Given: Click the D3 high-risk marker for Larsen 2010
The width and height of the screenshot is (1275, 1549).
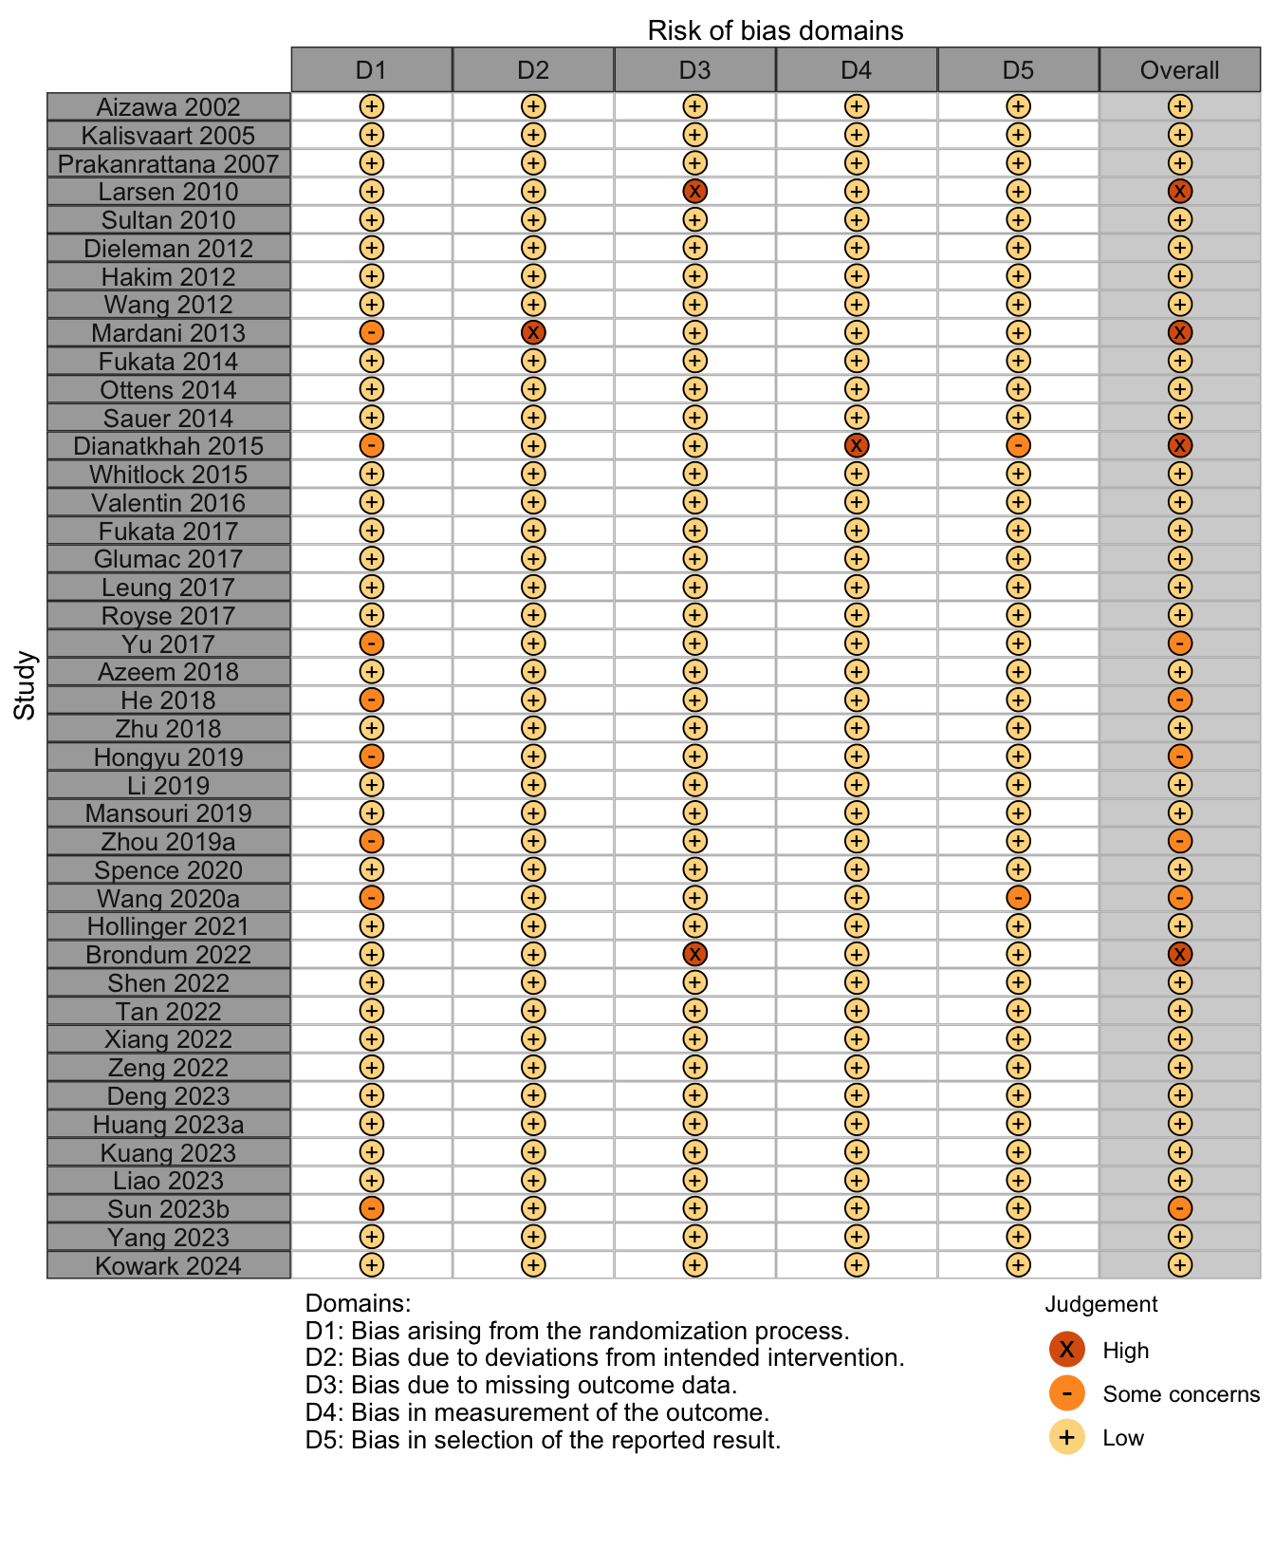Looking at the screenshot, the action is pyautogui.click(x=694, y=192).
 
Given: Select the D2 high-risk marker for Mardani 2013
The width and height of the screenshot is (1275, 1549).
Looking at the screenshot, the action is pyautogui.click(x=533, y=333).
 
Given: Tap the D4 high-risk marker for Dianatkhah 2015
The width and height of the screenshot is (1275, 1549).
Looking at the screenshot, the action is pyautogui.click(x=857, y=446).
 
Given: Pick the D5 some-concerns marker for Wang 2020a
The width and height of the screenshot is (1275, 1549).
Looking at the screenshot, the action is pyautogui.click(x=1018, y=898).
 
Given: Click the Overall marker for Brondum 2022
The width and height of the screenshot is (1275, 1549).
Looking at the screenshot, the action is pyautogui.click(x=1180, y=955).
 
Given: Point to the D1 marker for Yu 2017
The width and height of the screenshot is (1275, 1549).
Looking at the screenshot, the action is pyautogui.click(x=372, y=644).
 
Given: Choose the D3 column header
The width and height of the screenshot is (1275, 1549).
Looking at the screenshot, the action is pyautogui.click(x=695, y=70).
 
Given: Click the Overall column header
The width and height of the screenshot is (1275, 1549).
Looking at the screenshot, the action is pyautogui.click(x=1180, y=70).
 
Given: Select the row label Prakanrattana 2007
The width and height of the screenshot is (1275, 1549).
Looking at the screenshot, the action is pyautogui.click(x=169, y=163).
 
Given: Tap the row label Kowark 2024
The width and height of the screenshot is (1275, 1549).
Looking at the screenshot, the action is pyautogui.click(x=169, y=1266).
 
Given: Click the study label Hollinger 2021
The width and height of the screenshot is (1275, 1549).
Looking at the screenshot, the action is pyautogui.click(x=169, y=926).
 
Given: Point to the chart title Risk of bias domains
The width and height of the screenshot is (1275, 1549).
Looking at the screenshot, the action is pyautogui.click(x=775, y=30).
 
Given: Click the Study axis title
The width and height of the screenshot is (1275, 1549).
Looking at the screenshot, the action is pyautogui.click(x=25, y=685).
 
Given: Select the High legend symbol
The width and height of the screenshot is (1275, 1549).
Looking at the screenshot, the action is pyautogui.click(x=1067, y=1350).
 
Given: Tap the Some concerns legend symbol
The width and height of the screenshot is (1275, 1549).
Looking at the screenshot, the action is pyautogui.click(x=1067, y=1393).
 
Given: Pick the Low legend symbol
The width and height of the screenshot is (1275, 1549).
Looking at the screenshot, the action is pyautogui.click(x=1067, y=1437).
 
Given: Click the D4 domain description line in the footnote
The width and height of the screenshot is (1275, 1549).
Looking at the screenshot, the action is pyautogui.click(x=537, y=1412).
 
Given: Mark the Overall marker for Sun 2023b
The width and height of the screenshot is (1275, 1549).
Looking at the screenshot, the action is pyautogui.click(x=1180, y=1208).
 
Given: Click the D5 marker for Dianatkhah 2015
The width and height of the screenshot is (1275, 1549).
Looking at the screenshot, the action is pyautogui.click(x=1018, y=446).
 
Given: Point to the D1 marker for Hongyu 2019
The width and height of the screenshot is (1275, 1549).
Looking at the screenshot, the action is pyautogui.click(x=372, y=756).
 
